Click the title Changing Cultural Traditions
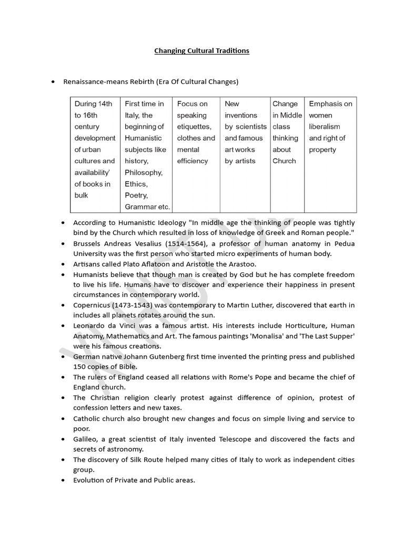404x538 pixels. click(x=201, y=51)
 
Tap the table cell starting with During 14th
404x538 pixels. click(x=95, y=149)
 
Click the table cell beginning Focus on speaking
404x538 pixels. click(x=196, y=132)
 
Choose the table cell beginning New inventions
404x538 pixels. click(x=245, y=132)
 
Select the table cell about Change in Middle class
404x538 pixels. click(x=287, y=132)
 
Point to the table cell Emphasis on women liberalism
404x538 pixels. click(x=330, y=127)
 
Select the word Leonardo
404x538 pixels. click(x=90, y=326)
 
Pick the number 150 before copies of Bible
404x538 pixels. click(x=80, y=367)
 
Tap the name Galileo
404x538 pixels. click(x=86, y=439)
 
